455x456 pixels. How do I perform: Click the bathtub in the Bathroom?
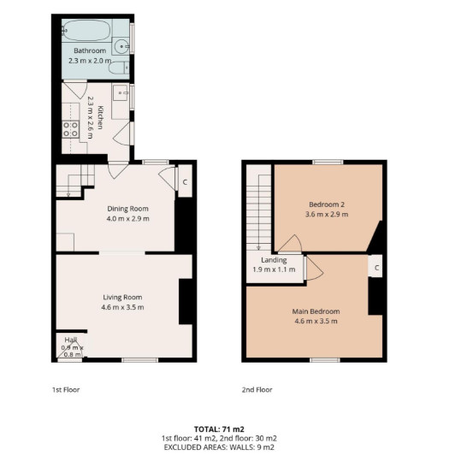coord(86,30)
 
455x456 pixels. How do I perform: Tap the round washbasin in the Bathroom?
coord(121,46)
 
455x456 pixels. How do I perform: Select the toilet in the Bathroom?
coord(119,68)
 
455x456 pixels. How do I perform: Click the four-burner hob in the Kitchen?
coord(71,129)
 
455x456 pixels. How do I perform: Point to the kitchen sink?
coord(121,92)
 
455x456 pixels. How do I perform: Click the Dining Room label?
coord(128,209)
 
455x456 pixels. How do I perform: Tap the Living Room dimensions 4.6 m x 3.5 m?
coord(122,307)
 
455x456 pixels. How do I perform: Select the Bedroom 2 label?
coord(327,204)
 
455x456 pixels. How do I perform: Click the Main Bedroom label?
coord(316,311)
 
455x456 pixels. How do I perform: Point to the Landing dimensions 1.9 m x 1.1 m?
coord(274,269)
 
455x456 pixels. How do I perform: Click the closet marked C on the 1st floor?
coord(185,181)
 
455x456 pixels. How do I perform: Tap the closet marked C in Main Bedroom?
coord(375,266)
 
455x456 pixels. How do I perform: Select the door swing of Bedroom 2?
coord(290,243)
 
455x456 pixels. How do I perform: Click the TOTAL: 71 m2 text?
coord(219,429)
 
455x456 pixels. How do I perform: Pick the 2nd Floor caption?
coord(257,389)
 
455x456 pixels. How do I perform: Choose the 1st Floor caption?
coord(66,389)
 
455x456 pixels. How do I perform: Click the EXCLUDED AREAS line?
coord(219,447)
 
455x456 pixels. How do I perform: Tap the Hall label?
coord(71,340)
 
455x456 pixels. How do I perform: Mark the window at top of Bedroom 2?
coord(328,162)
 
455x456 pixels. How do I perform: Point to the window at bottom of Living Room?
coord(140,360)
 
